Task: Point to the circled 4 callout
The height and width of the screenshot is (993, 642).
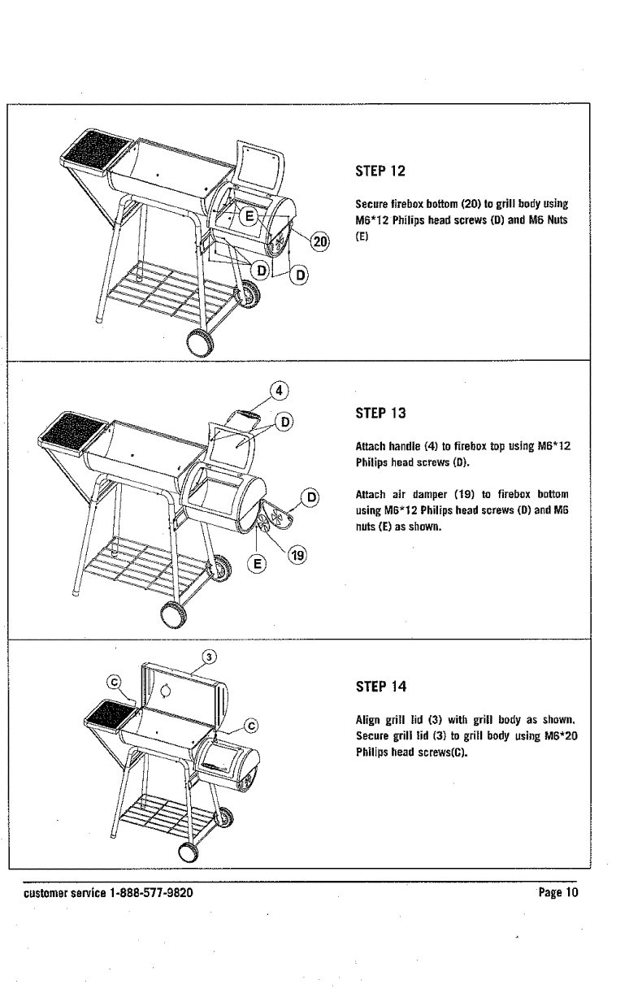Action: point(278,389)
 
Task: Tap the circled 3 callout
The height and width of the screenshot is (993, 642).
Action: point(209,657)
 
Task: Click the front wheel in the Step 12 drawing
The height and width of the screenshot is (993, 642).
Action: point(200,344)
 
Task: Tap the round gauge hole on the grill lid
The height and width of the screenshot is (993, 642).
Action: point(167,692)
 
